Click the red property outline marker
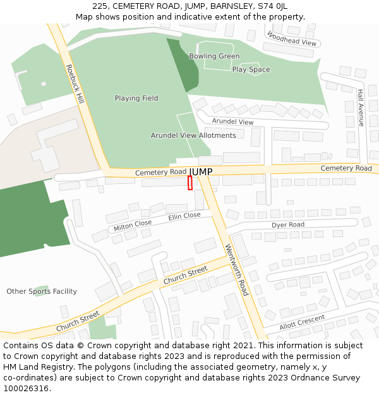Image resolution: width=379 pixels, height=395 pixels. click(x=190, y=183)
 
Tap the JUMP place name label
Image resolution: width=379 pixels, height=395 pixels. click(x=201, y=172)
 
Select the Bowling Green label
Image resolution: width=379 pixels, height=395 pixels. click(x=214, y=56)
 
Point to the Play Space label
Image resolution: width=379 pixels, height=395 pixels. click(x=251, y=70)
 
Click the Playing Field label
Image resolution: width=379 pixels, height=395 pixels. click(x=136, y=99)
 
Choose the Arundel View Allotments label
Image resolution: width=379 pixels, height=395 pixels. click(x=193, y=135)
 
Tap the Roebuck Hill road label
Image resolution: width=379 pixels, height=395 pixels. click(x=75, y=83)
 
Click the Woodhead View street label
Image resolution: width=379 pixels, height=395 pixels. click(x=291, y=39)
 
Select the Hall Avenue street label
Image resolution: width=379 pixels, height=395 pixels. click(x=361, y=107)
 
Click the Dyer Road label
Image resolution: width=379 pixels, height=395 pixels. click(x=288, y=225)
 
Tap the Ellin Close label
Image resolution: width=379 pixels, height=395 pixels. click(x=184, y=216)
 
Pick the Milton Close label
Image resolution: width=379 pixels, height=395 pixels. click(x=133, y=226)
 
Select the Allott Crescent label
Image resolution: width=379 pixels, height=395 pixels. click(x=302, y=322)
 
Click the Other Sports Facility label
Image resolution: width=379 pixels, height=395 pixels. click(x=42, y=291)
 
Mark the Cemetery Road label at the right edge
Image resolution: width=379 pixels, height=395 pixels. click(x=346, y=168)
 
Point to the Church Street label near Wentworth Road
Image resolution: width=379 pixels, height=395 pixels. click(x=185, y=275)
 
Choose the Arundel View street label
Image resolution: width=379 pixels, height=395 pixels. click(x=232, y=121)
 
